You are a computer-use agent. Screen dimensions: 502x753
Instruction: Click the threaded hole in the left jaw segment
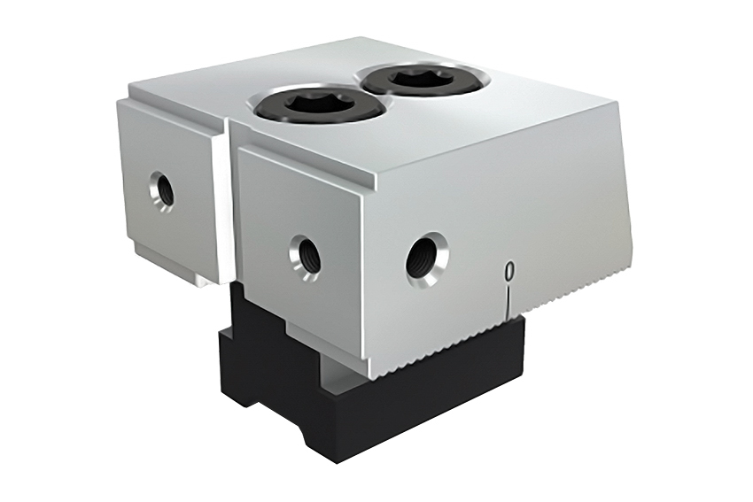click(x=162, y=189)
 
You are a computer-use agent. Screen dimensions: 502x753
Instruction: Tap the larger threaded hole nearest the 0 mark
click(x=426, y=258)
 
